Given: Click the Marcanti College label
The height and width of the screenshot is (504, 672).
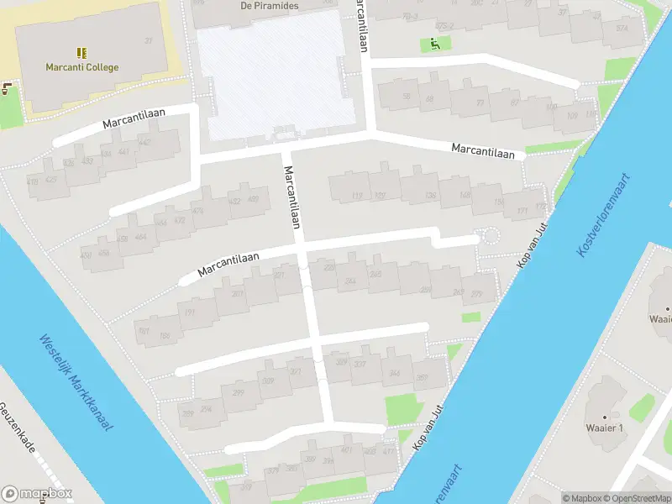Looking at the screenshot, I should (81, 67).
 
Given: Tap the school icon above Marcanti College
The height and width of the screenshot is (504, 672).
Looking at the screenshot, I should (81, 52).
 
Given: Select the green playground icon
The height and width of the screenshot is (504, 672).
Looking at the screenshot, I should (434, 44).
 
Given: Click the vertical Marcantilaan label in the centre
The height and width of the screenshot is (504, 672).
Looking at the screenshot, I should (292, 197).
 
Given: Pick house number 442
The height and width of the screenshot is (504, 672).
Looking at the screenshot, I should (144, 143).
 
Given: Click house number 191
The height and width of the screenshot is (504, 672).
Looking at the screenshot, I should (190, 312).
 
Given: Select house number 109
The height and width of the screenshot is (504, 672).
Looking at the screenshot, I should (572, 116).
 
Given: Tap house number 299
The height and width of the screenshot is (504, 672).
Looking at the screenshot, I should (239, 392).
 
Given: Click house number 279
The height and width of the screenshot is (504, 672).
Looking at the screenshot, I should (477, 294).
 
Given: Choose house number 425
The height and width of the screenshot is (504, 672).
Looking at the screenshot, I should (51, 178).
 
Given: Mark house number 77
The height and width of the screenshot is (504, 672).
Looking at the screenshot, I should (480, 103).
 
